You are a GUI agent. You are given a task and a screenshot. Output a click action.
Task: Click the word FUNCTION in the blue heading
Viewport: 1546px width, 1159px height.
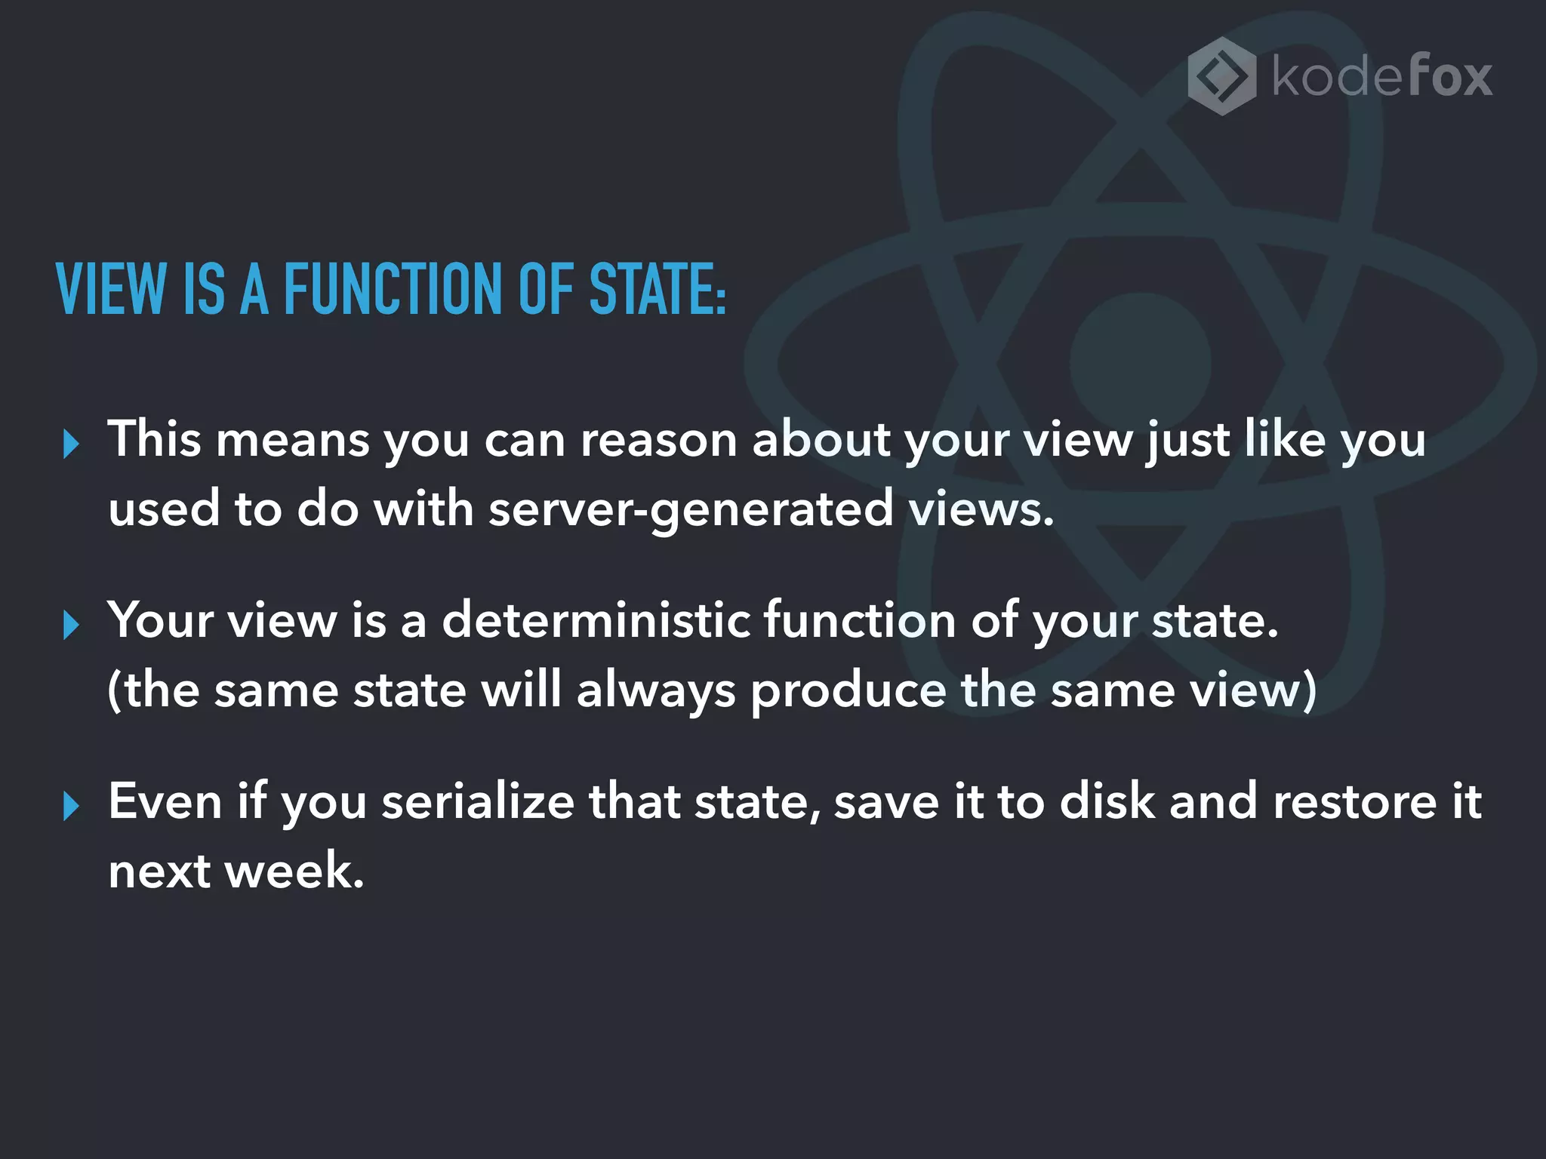tap(393, 288)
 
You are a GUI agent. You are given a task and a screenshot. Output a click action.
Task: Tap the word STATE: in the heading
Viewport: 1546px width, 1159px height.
tap(657, 288)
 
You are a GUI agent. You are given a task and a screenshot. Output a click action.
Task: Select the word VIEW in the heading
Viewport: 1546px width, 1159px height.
tap(111, 288)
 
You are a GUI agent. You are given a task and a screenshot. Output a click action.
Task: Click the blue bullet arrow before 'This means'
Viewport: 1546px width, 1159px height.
tap(72, 444)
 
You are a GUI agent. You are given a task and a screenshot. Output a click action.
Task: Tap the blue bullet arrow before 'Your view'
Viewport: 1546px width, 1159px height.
tap(72, 626)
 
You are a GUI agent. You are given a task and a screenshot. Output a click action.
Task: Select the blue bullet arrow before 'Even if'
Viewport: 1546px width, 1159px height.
tap(72, 807)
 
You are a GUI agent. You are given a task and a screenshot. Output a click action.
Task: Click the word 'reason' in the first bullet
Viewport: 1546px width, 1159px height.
tap(658, 440)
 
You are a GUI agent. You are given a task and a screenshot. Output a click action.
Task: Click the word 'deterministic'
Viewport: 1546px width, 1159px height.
tap(596, 620)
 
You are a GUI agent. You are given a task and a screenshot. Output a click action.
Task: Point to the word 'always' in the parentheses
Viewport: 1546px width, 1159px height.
tap(655, 690)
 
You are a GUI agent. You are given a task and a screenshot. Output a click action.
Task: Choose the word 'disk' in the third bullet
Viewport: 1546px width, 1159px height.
tap(1107, 801)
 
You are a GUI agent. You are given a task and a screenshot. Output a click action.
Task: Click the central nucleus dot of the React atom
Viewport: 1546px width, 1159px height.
tap(1141, 364)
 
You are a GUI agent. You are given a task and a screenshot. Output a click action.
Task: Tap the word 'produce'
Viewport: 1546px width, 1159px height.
tap(848, 690)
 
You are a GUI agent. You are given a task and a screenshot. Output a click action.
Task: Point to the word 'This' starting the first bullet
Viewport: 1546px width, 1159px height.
tap(155, 439)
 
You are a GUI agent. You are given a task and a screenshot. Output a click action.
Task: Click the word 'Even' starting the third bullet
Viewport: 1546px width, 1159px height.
tap(165, 801)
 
